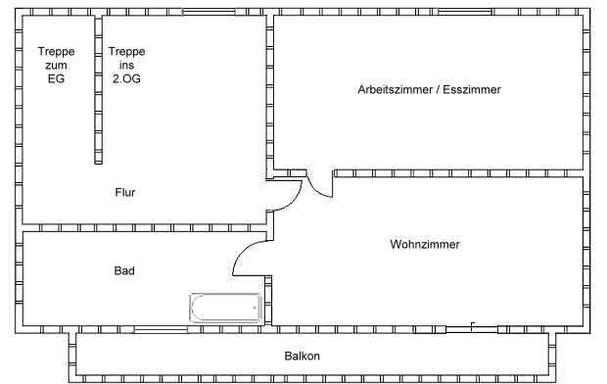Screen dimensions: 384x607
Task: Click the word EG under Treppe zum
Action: tap(56, 79)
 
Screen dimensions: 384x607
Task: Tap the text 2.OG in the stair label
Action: tap(126, 79)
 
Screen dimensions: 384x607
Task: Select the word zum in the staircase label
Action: tap(56, 66)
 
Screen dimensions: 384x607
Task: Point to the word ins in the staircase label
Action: tap(126, 66)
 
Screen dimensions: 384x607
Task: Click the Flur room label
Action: tap(124, 193)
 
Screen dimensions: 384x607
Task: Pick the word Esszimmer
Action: tap(472, 90)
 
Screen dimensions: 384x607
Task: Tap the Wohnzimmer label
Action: tap(424, 244)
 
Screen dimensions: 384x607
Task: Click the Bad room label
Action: tap(124, 271)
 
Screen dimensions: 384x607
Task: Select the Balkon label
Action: tap(303, 357)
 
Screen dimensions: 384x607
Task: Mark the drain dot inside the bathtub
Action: tap(256, 309)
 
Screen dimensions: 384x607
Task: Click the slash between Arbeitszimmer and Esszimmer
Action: tap(437, 90)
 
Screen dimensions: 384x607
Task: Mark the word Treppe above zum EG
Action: tap(56, 52)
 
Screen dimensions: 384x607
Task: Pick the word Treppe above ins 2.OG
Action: tap(126, 52)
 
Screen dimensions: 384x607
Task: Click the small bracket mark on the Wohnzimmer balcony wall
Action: tap(473, 324)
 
